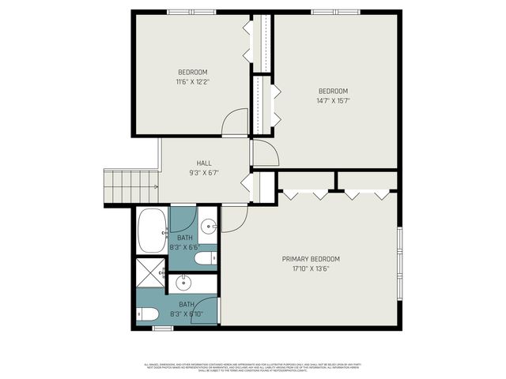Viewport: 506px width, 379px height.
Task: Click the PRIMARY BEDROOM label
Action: [x=311, y=259]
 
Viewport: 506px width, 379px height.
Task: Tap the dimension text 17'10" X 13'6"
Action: [x=311, y=268]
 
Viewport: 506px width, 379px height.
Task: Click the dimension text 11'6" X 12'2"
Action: [x=192, y=81]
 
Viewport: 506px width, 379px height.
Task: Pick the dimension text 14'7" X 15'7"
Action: [x=334, y=100]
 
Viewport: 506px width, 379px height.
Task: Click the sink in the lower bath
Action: [x=183, y=281]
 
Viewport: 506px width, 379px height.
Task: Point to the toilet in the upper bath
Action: [x=205, y=259]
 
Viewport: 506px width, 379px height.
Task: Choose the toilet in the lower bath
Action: [x=146, y=313]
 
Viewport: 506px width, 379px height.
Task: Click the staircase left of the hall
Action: [x=130, y=187]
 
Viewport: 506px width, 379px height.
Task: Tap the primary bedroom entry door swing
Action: [x=235, y=219]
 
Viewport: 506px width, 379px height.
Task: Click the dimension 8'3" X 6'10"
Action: [x=187, y=313]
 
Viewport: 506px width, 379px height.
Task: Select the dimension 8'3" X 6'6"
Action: [x=184, y=247]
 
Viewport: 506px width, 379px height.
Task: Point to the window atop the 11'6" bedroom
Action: [x=191, y=12]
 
